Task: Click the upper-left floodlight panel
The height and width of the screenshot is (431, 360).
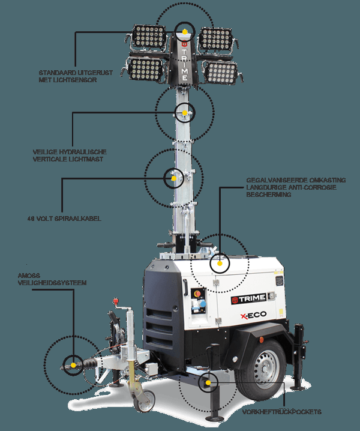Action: click(x=149, y=37)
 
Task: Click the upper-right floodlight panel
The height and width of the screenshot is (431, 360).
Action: click(x=215, y=38)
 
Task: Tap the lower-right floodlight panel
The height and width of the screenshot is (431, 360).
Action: click(x=220, y=71)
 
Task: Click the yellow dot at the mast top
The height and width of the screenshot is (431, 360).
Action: click(x=185, y=31)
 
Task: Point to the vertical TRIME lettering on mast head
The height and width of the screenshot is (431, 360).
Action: click(x=184, y=60)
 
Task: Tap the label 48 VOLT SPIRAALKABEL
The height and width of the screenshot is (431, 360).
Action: click(x=64, y=219)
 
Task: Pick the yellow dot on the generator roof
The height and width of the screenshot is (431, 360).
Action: click(x=220, y=263)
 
